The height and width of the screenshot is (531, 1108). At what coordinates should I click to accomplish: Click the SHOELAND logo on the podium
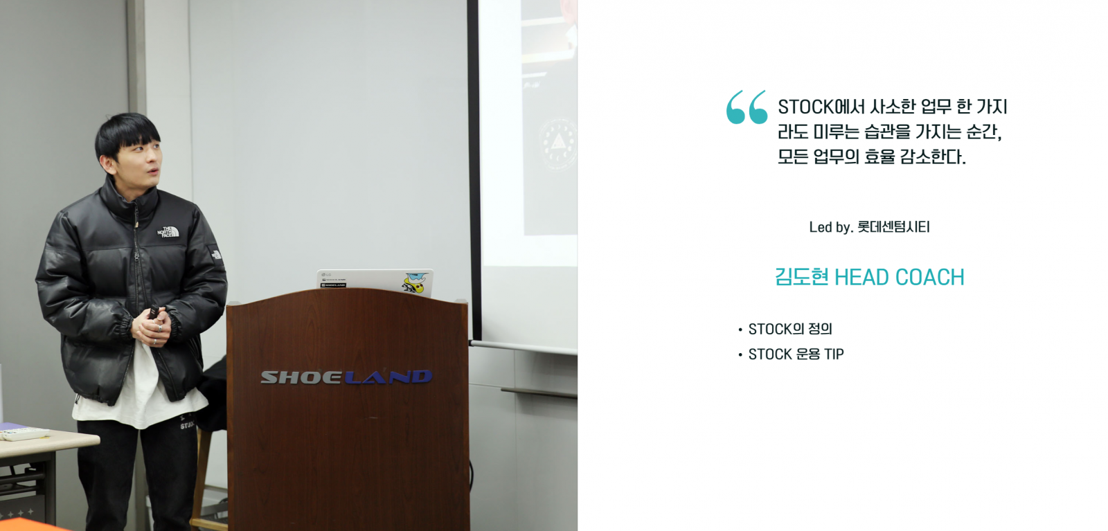pyautogui.click(x=346, y=377)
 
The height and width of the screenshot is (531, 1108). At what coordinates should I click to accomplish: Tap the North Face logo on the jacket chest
pyautogui.click(x=168, y=232)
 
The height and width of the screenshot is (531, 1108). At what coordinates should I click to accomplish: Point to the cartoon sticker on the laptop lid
pyautogui.click(x=414, y=282)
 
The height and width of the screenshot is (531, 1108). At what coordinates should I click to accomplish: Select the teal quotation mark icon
pyautogui.click(x=747, y=107)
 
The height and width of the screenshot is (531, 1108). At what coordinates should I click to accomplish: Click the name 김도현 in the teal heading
pyautogui.click(x=801, y=278)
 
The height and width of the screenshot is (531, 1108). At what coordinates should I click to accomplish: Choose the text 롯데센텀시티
pyautogui.click(x=893, y=227)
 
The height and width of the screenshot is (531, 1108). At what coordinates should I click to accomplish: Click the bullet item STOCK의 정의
pyautogui.click(x=790, y=330)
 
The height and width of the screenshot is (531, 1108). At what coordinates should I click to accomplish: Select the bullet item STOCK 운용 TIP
pyautogui.click(x=796, y=354)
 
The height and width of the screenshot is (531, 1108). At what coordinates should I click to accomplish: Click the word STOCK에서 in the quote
pyautogui.click(x=821, y=107)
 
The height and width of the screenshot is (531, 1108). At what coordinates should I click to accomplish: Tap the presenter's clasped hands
pyautogui.click(x=155, y=328)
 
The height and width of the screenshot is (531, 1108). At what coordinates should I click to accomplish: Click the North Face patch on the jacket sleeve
pyautogui.click(x=216, y=253)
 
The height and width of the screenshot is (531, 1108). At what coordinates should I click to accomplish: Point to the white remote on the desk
pyautogui.click(x=25, y=434)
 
